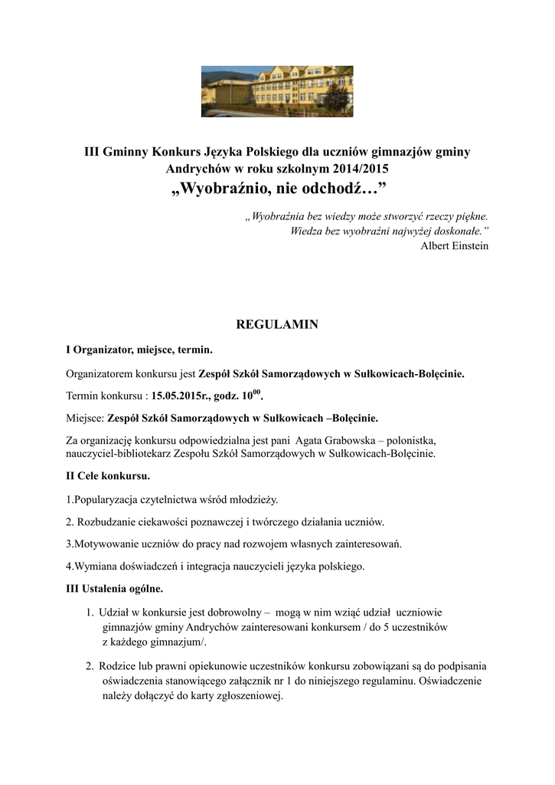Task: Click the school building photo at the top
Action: [x=277, y=90]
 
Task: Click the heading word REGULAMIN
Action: [x=277, y=325]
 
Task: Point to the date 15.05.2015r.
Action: [x=179, y=397]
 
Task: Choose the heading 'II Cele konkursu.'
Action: [x=108, y=476]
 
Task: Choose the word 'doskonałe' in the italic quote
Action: [x=456, y=231]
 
